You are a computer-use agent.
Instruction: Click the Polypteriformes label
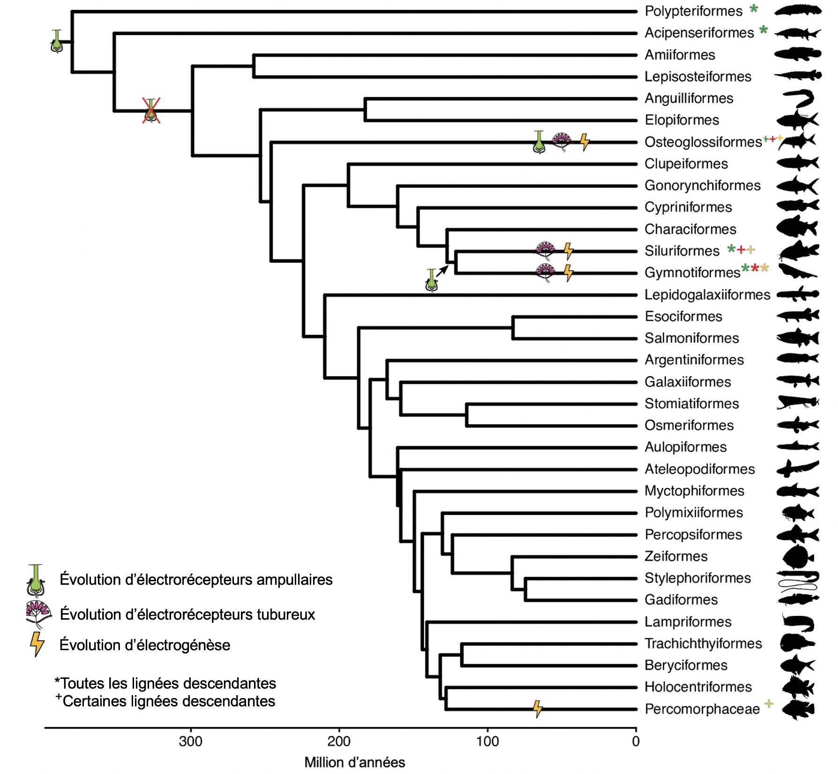693,11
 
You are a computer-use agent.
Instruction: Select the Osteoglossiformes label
703,142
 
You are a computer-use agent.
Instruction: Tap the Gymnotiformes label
692,273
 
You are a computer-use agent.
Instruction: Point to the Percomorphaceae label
702,709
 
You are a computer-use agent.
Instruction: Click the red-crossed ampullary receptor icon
151,111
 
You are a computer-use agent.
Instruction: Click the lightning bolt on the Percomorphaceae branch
538,709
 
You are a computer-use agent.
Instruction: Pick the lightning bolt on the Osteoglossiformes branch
584,142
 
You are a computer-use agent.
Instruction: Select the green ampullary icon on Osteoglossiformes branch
539,142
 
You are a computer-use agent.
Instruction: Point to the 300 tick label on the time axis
191,742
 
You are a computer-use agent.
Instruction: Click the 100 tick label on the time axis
487,742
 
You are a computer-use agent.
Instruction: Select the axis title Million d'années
354,763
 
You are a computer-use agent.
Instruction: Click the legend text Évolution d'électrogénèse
145,645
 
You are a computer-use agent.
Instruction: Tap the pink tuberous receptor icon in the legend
39,614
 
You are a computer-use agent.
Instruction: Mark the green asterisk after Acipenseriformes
763,30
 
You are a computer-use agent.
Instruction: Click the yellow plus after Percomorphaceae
769,703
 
